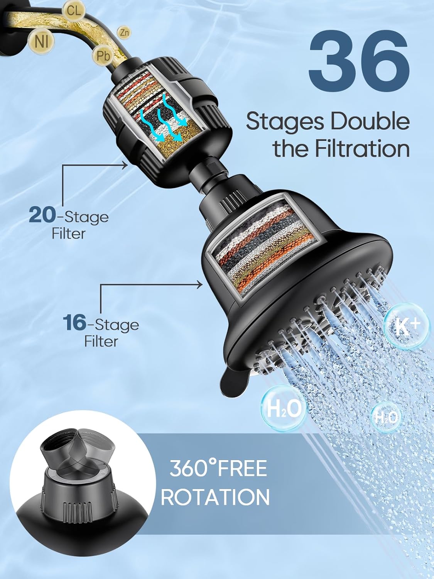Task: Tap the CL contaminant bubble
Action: coord(74,10)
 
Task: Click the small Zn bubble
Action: coord(124,33)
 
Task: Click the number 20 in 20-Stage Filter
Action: coord(42,215)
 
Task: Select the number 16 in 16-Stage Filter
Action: coord(74,323)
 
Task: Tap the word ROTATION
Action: coord(215,497)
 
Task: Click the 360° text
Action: coord(189,468)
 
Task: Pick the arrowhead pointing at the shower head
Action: coord(199,285)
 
